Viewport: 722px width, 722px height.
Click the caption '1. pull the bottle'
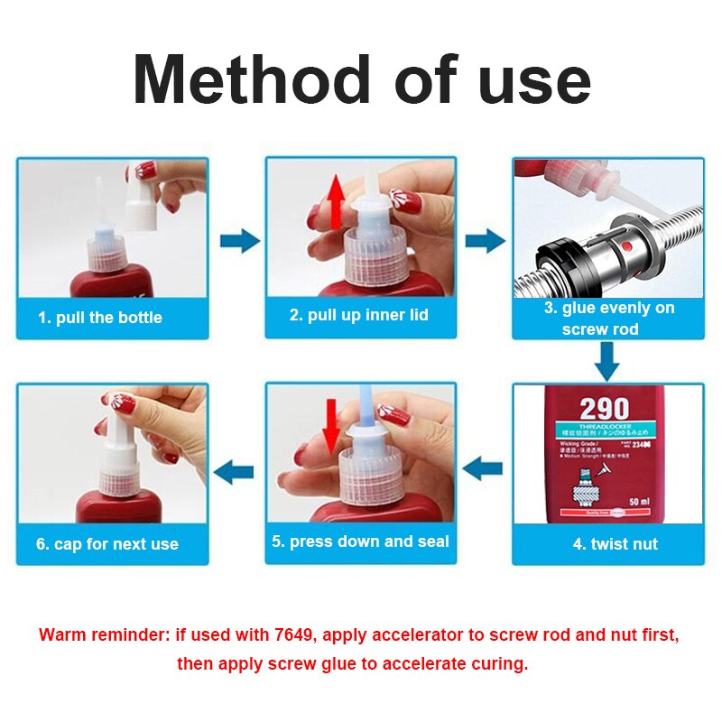pos(99,318)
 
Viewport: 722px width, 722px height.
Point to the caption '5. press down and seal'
pos(360,541)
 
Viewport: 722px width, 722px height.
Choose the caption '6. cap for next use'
pos(106,544)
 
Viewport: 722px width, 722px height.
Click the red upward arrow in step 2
pos(336,201)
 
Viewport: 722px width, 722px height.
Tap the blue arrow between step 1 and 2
pos(239,241)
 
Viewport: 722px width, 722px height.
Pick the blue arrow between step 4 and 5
pos(483,467)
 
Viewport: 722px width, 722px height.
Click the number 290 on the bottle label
pos(606,409)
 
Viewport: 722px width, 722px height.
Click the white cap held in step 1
pos(139,198)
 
